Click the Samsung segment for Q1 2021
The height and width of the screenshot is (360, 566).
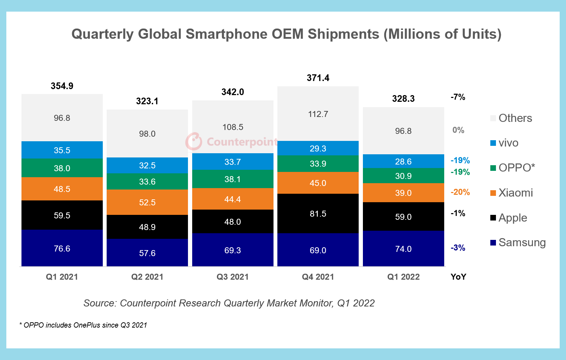62,248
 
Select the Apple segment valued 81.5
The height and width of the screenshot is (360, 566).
318,213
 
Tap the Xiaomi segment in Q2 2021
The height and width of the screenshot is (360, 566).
147,202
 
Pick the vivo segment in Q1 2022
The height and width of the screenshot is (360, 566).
403,161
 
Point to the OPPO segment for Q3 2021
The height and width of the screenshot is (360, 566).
233,179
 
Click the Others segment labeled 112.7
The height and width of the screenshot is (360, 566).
318,114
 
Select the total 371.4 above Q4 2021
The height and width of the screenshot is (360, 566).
318,78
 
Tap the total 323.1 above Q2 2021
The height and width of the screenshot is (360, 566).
147,101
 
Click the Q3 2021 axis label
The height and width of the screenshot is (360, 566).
233,277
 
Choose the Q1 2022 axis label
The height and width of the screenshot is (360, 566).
403,277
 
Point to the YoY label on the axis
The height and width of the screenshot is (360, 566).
458,277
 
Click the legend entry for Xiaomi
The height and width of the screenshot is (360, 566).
515,193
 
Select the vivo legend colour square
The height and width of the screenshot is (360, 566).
493,143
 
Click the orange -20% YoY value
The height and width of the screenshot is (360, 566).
460,192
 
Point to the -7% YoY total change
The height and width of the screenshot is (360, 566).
458,97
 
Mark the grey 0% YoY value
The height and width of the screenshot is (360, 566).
458,130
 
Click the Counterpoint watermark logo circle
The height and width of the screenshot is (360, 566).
194,142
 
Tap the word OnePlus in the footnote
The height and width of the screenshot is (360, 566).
87,325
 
